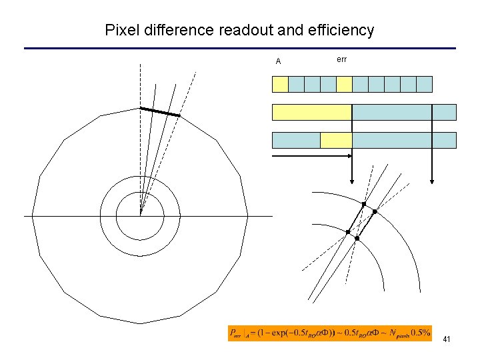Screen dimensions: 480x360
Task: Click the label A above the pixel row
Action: click(279, 62)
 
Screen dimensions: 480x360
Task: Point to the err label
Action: click(342, 60)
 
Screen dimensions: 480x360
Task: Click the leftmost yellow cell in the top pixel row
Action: click(280, 84)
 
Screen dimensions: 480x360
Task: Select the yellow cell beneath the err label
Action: click(344, 84)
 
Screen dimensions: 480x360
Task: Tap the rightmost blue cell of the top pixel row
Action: click(424, 84)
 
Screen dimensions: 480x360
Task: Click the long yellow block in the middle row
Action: click(311, 112)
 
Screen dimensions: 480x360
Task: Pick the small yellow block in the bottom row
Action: click(336, 140)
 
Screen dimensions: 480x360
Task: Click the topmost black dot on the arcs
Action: click(364, 203)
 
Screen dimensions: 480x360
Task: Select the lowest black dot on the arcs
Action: click(357, 239)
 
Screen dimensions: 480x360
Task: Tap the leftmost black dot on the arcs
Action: click(348, 232)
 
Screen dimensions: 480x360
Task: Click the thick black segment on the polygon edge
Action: click(159, 112)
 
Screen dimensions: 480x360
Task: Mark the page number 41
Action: click(446, 340)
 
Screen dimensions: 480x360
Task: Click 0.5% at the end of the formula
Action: click(420, 333)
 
